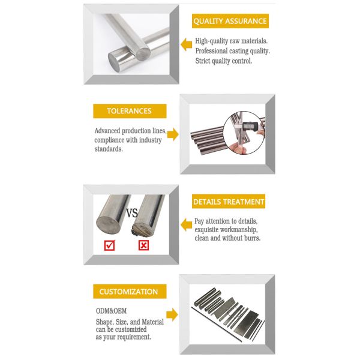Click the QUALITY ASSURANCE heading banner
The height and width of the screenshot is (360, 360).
pos(230,21)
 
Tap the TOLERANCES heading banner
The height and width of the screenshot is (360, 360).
pos(130,111)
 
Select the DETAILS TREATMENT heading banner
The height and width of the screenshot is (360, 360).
pos(229,202)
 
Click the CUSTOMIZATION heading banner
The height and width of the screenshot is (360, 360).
pos(130,292)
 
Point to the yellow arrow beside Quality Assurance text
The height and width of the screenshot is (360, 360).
pos(186,44)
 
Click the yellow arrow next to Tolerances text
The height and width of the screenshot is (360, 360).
pos(173,134)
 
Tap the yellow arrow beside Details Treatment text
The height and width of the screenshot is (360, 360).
pos(186,224)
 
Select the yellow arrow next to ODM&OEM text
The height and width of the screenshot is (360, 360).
pos(172,314)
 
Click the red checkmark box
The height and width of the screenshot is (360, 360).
pos(109,245)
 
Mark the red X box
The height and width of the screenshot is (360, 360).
pos(144,245)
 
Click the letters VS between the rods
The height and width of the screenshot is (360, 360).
pos(132,213)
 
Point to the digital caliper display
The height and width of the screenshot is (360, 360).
pos(250,126)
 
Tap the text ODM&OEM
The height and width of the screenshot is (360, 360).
pos(111,311)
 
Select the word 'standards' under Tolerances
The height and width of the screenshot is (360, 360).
pos(109,149)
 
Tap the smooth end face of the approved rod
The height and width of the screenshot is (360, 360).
pos(108,226)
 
